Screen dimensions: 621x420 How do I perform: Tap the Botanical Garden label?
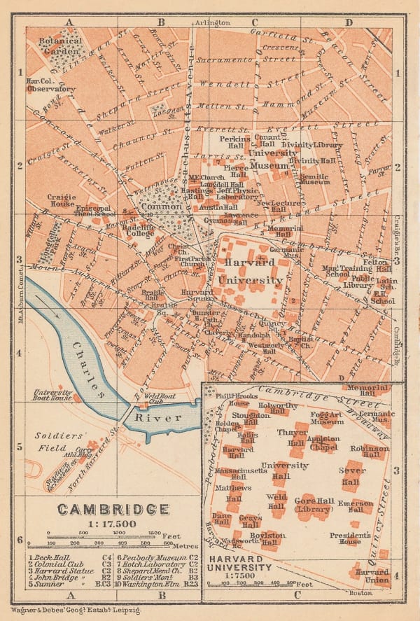coord(60,46)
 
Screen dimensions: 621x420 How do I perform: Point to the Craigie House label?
coord(62,201)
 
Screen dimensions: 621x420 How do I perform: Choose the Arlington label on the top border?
coord(213,22)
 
